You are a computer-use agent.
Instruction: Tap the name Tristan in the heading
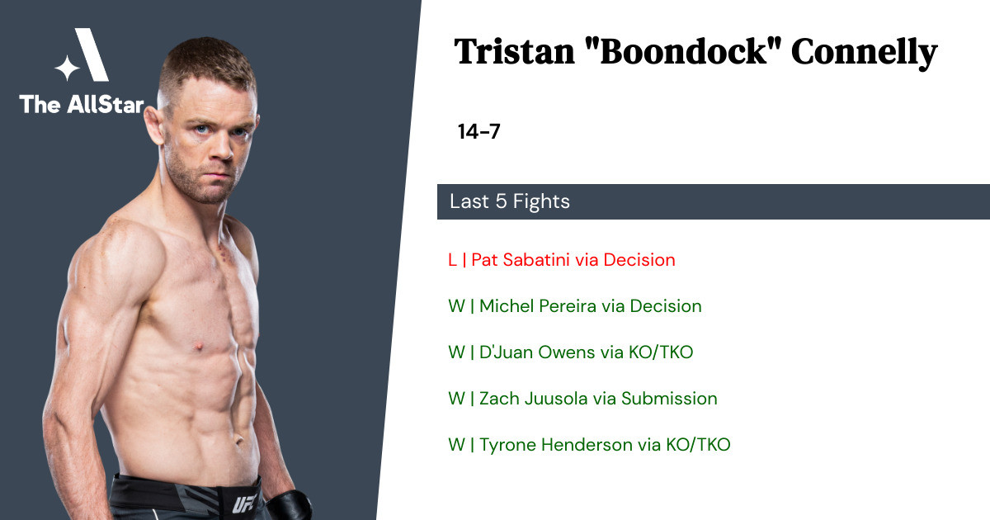(x=515, y=52)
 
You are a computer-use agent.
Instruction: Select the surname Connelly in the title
(x=864, y=54)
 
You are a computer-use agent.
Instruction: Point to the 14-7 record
(x=478, y=131)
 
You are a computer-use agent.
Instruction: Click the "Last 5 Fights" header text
(x=510, y=201)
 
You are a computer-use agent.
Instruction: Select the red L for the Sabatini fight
(x=452, y=260)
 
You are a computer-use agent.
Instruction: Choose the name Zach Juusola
(x=535, y=399)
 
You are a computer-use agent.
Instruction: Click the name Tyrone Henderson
(x=556, y=445)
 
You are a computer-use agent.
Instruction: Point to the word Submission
(x=669, y=399)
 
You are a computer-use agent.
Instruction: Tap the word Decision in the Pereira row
(x=666, y=306)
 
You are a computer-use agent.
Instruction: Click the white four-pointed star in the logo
(x=67, y=68)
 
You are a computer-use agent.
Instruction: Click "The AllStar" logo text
(x=82, y=104)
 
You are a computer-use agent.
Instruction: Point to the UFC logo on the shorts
(x=244, y=503)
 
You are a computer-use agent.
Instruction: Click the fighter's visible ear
(x=153, y=126)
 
